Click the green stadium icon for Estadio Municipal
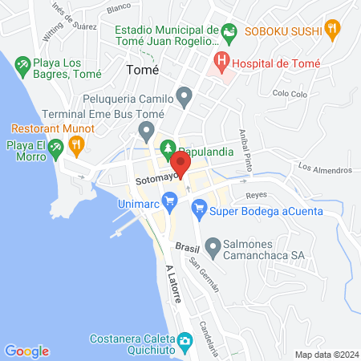pyautogui.click(x=230, y=33)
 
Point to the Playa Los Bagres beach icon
pyautogui.click(x=23, y=63)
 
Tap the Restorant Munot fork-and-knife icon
pyautogui.click(x=76, y=144)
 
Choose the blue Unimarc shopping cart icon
pyautogui.click(x=168, y=199)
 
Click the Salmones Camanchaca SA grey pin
pyautogui.click(x=213, y=245)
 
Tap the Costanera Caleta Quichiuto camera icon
pyautogui.click(x=184, y=340)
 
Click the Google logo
pyautogui.click(x=27, y=351)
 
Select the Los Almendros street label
pyautogui.click(x=325, y=169)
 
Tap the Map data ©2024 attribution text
pyautogui.click(x=326, y=354)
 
